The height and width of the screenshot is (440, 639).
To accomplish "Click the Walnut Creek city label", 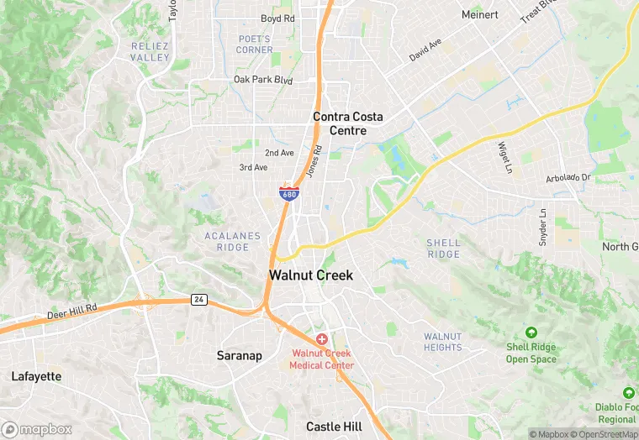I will (311, 275).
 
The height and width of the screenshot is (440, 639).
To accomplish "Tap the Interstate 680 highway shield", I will (288, 193).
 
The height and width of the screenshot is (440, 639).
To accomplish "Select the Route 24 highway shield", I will (198, 300).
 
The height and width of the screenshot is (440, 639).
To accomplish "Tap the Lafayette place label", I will (36, 376).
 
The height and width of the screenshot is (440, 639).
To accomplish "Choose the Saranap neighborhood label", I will (240, 355).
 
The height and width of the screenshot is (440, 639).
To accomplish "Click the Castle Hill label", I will (334, 427).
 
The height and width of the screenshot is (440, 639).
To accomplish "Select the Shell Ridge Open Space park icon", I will (531, 332).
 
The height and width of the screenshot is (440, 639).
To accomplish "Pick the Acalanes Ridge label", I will (233, 242).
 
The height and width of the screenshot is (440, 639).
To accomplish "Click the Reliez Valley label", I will (151, 50).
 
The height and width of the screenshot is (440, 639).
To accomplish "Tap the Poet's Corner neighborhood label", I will (254, 44).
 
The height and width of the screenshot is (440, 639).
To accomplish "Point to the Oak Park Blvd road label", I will (263, 81).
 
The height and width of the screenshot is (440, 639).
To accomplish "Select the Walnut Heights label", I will (443, 342).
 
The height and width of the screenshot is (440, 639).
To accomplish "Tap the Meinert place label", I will (480, 14).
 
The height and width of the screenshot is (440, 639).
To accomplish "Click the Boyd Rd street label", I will (277, 18).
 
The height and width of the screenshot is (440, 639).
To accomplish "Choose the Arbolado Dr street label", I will (568, 177).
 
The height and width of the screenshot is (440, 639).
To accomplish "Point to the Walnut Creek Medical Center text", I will (322, 359).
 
